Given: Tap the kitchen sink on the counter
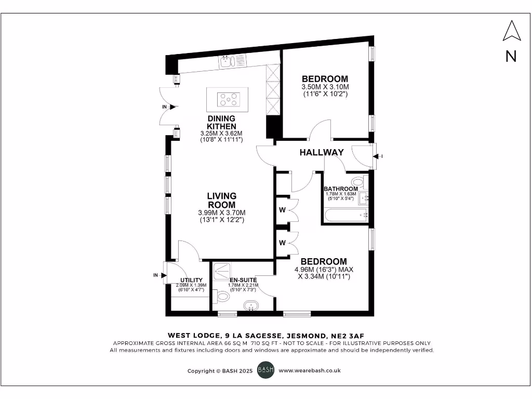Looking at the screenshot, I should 227,62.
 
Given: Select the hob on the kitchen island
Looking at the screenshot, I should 229,99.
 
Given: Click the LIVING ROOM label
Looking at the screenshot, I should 222,200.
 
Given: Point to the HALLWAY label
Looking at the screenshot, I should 322,152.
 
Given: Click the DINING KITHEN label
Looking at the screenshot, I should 221,122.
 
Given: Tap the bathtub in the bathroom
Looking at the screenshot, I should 345,214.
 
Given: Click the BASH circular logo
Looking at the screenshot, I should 265,370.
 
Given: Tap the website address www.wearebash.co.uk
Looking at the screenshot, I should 310,370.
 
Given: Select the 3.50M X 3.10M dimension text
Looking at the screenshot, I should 325,87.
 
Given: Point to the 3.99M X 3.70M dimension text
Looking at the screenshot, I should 222,212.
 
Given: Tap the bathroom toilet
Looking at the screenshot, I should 365,183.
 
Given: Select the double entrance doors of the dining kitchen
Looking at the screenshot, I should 169,107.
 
